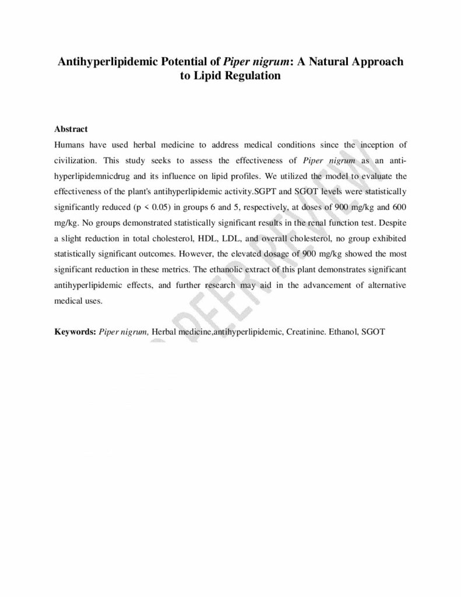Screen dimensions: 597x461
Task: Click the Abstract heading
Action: point(71,129)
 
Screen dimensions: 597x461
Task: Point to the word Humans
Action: point(69,145)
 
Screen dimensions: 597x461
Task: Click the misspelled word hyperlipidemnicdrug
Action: point(92,175)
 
